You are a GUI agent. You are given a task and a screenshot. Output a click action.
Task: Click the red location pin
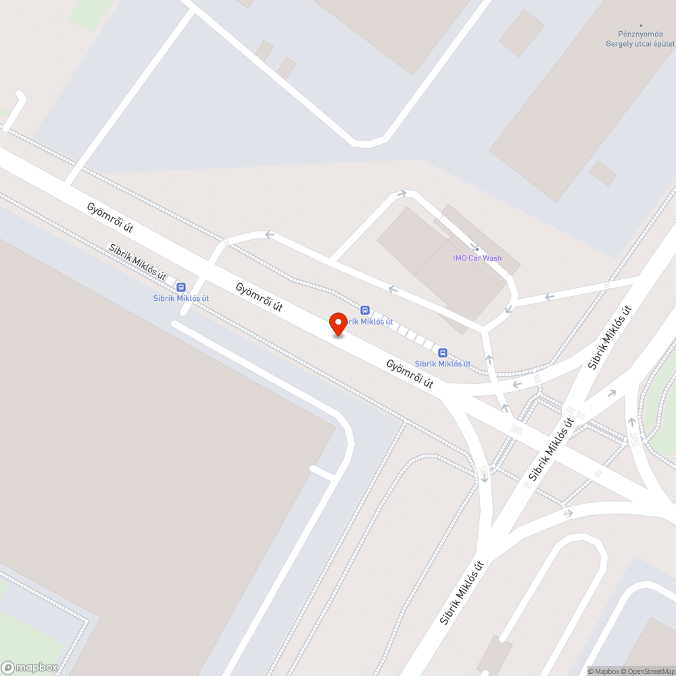[338, 324]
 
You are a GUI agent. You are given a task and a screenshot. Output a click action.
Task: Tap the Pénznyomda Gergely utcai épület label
[639, 39]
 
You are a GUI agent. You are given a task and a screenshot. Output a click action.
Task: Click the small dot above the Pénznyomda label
[640, 26]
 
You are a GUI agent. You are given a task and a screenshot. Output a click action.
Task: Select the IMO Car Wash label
[477, 258]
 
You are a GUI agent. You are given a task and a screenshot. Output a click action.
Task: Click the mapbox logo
[30, 667]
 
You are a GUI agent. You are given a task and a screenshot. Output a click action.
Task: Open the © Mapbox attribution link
[603, 671]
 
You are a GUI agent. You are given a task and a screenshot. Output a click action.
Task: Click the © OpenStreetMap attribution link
[648, 671]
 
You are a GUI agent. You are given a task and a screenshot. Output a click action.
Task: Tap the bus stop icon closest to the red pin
[365, 310]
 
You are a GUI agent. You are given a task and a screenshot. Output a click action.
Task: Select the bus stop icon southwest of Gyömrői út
[180, 287]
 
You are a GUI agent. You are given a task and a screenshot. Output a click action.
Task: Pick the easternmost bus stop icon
[443, 352]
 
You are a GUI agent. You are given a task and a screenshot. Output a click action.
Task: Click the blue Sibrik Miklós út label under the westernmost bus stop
[180, 298]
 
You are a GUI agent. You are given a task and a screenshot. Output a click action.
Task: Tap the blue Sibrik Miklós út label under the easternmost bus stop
[443, 364]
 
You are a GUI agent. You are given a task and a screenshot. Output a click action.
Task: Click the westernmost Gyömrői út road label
[110, 218]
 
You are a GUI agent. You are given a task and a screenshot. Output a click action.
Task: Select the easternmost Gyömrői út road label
[410, 374]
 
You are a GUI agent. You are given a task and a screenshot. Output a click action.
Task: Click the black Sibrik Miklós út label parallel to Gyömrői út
[138, 262]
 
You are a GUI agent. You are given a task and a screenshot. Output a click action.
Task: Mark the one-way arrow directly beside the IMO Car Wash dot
[509, 309]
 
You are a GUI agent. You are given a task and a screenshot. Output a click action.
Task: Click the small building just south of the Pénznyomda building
[602, 173]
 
